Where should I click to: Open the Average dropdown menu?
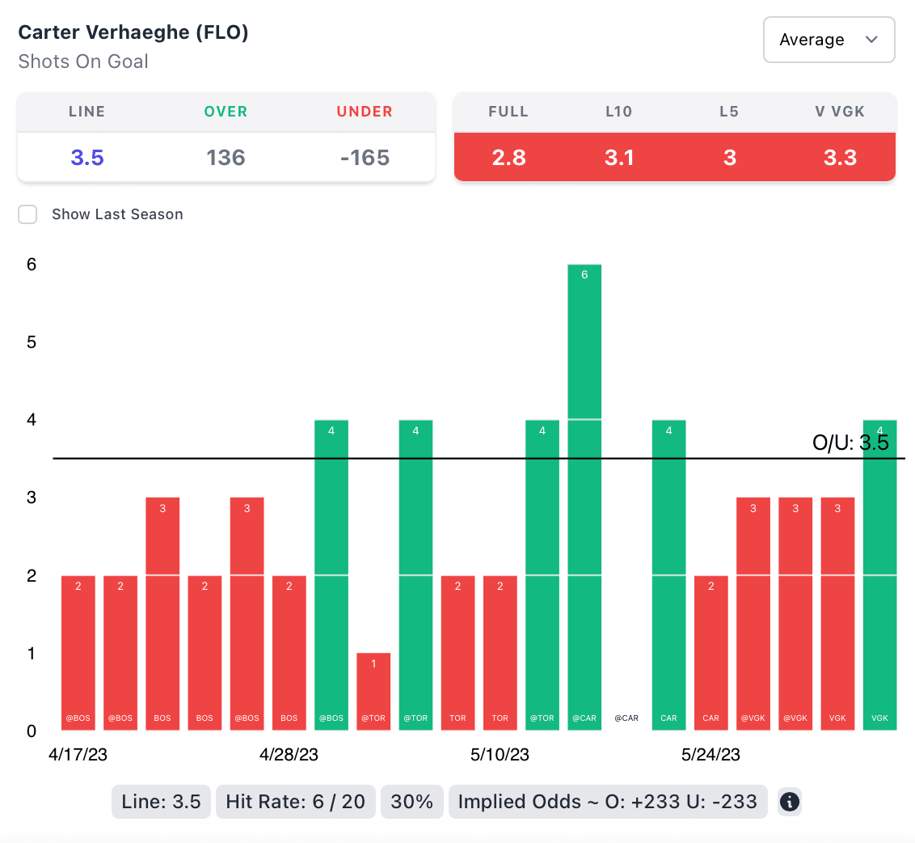click(829, 40)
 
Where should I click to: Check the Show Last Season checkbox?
click(28, 214)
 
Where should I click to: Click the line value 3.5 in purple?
click(87, 157)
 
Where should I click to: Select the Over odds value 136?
click(226, 157)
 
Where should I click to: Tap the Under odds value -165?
click(365, 157)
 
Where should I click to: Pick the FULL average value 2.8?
click(508, 157)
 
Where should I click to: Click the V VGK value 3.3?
click(840, 157)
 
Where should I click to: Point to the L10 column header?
click(619, 112)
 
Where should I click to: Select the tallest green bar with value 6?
click(584, 497)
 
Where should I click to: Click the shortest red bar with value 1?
click(373, 691)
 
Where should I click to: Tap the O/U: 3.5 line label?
click(850, 443)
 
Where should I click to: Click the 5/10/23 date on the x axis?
click(500, 755)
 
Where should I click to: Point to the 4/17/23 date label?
click(78, 755)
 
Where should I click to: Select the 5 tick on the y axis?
click(31, 341)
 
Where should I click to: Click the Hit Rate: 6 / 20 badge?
click(296, 802)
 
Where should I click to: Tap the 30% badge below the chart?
click(411, 802)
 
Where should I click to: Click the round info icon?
click(789, 802)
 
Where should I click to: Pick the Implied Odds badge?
click(607, 802)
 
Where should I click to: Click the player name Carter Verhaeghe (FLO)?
click(133, 32)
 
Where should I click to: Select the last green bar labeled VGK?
click(879, 574)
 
